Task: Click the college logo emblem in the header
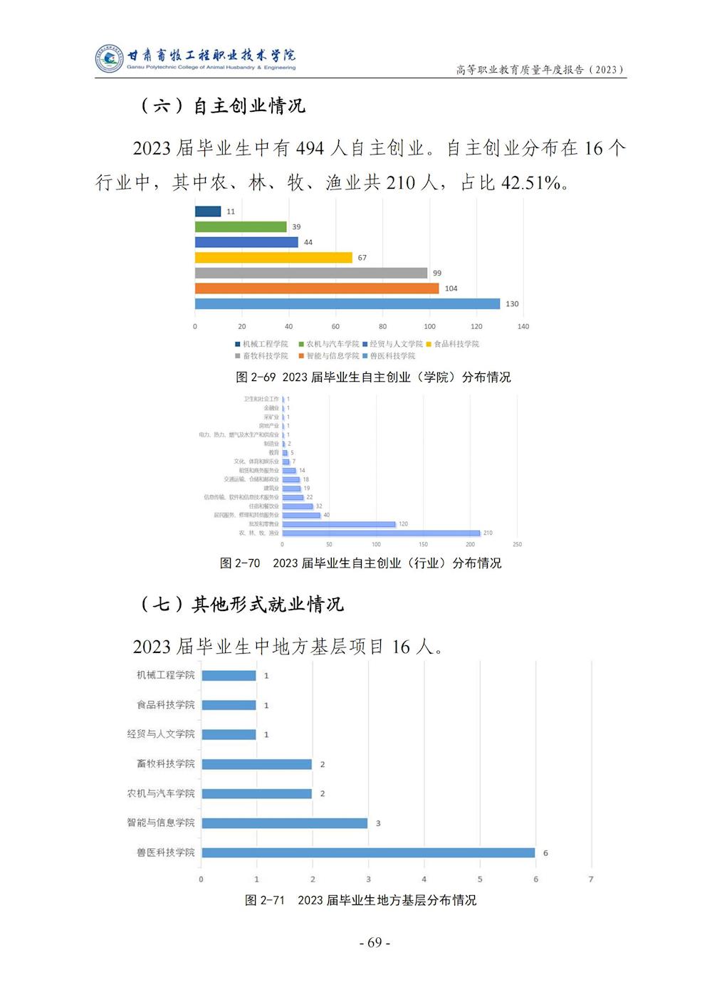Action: coord(109,58)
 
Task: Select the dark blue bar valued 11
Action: coord(208,212)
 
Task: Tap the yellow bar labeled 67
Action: coord(273,257)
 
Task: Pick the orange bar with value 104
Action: coord(317,288)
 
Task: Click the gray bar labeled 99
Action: coord(311,273)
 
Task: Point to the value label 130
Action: coord(512,304)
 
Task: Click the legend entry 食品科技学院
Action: coord(456,344)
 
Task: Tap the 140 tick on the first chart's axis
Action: coord(523,326)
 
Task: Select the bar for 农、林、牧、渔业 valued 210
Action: coord(381,533)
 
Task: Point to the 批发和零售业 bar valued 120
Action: coord(339,524)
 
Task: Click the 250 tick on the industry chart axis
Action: coord(517,544)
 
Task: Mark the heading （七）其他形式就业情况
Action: coord(242,605)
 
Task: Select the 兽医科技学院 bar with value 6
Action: coord(368,852)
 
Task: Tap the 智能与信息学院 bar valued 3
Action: coord(285,823)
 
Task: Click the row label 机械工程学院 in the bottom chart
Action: coord(166,675)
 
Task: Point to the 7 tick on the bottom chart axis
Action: coord(591,880)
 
